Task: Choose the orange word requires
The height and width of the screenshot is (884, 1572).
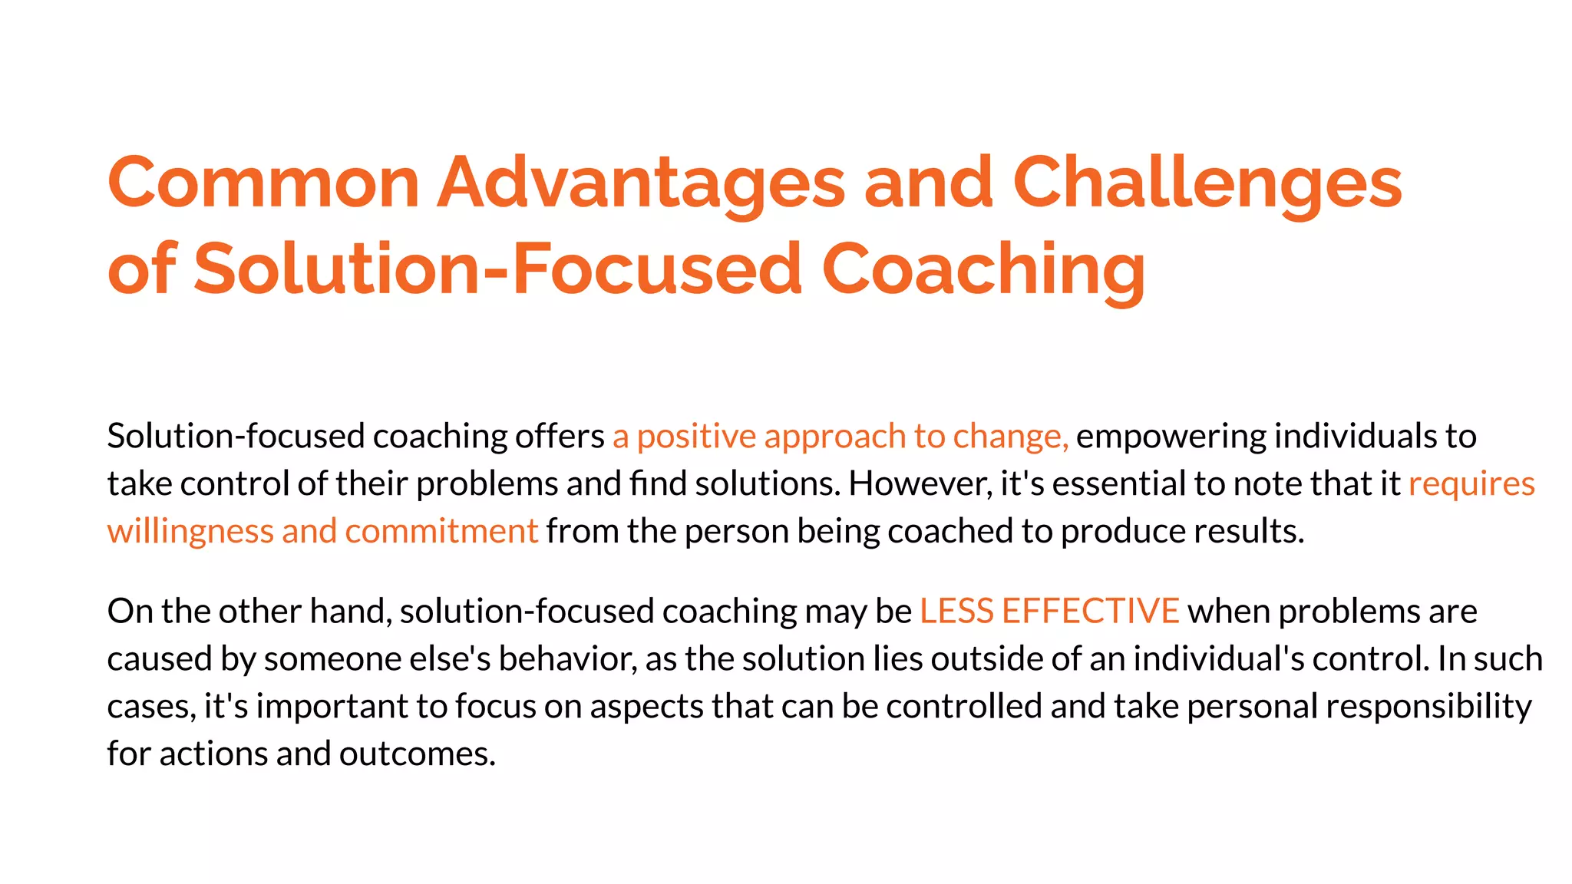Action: tap(1471, 483)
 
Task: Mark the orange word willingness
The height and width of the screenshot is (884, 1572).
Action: tap(190, 531)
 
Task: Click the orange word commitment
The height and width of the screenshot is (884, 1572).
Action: tap(441, 531)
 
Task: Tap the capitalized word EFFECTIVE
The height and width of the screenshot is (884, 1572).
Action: tap(1090, 611)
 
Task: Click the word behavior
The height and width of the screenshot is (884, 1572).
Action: tap(567, 658)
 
